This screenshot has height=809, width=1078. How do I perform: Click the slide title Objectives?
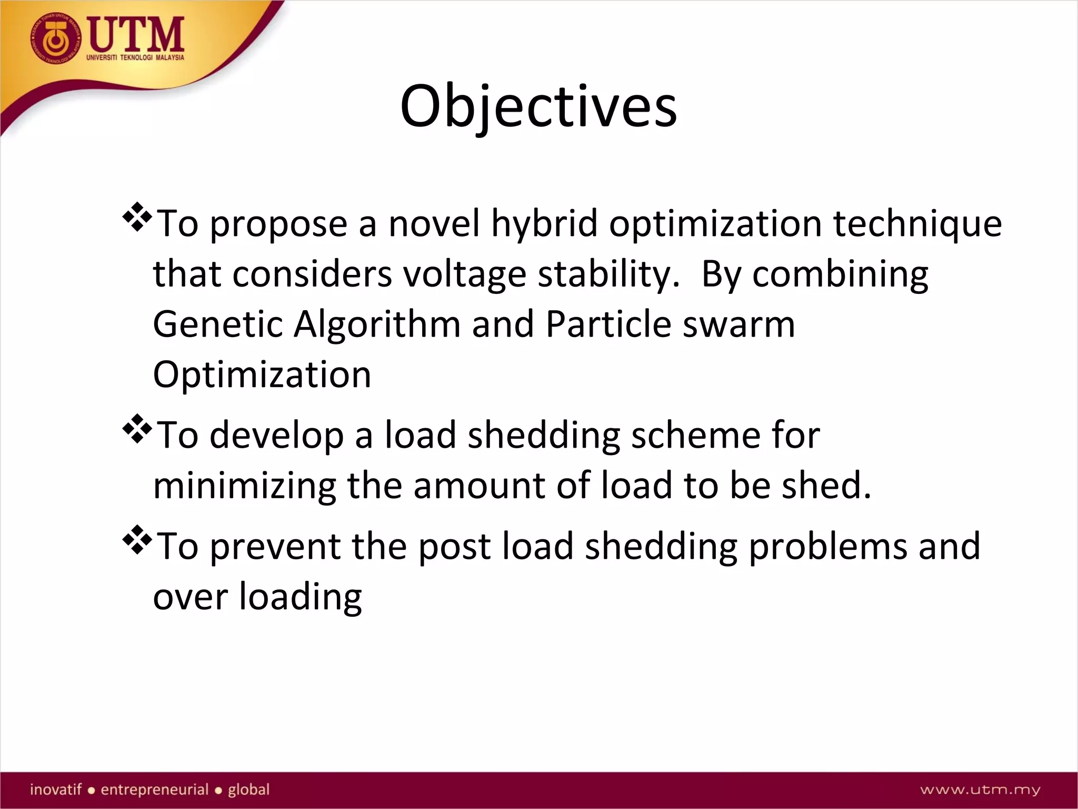coord(538,107)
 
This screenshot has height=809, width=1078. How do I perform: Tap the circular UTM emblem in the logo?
coord(56,39)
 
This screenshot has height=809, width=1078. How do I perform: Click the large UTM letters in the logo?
coord(136,35)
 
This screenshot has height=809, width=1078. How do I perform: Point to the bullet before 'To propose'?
coord(137,216)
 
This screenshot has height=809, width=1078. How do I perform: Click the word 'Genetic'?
coord(218,324)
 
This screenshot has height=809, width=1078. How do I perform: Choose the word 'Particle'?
coord(608,324)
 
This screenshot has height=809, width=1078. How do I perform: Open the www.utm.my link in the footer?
coord(980,790)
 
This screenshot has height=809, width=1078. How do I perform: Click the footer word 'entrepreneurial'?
coord(155,790)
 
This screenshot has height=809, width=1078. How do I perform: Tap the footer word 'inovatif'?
coord(56,790)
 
